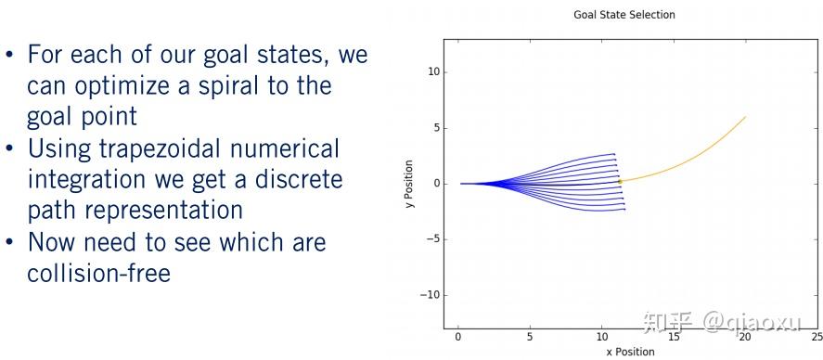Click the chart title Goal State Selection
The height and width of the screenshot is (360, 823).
(x=624, y=15)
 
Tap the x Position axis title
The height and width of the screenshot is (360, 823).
(x=630, y=352)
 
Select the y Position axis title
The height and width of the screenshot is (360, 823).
(x=410, y=184)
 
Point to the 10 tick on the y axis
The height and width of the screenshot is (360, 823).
(x=432, y=71)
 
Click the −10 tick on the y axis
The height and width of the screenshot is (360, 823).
(x=430, y=295)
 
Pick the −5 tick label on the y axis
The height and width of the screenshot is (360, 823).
(x=432, y=239)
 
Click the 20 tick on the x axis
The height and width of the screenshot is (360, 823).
(x=745, y=336)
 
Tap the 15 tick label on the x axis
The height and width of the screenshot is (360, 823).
(x=674, y=336)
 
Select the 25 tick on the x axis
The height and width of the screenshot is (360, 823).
(x=817, y=336)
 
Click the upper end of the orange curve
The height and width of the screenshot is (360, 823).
(x=745, y=117)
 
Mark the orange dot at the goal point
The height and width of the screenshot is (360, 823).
(x=620, y=182)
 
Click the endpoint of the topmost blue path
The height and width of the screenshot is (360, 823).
(x=614, y=154)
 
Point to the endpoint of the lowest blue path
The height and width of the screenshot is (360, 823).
(x=624, y=210)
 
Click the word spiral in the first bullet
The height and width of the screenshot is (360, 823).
(x=227, y=85)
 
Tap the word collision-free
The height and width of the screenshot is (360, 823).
(x=98, y=273)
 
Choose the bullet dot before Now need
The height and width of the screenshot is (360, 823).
(x=10, y=242)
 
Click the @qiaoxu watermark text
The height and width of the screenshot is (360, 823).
(x=752, y=321)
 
